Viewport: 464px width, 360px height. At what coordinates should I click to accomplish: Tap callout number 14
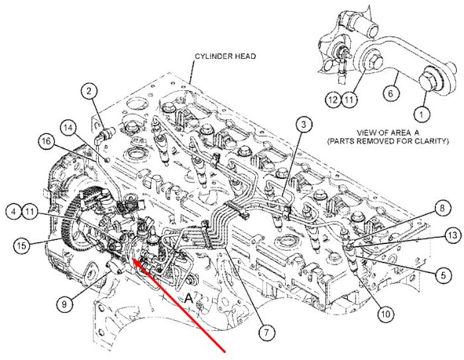pos(68,128)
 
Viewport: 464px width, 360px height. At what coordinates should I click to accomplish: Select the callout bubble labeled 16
pos(46,141)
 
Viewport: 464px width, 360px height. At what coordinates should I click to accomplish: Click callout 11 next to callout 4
pos(30,211)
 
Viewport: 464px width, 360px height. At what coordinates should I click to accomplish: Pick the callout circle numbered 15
pos(22,245)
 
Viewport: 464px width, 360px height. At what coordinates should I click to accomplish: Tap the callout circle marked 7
pos(266,333)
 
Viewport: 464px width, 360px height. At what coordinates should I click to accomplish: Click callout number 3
pos(304,125)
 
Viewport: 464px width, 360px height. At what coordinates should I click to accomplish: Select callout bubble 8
pos(442,208)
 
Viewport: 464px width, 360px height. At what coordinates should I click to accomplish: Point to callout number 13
pos(453,235)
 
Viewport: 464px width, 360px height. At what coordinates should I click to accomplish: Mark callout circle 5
pos(443,275)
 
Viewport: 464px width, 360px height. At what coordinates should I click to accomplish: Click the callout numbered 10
pos(386,314)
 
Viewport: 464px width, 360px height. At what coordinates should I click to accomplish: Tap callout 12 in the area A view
pos(333,99)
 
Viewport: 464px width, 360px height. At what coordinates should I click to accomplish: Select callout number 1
pos(422,113)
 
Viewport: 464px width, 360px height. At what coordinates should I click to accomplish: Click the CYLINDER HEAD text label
pos(225,56)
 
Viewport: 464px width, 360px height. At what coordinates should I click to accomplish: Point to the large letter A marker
pos(188,298)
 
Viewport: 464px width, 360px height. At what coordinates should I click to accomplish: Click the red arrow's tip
pos(132,259)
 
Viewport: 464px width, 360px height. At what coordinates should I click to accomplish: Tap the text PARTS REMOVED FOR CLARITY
pos(388,141)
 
